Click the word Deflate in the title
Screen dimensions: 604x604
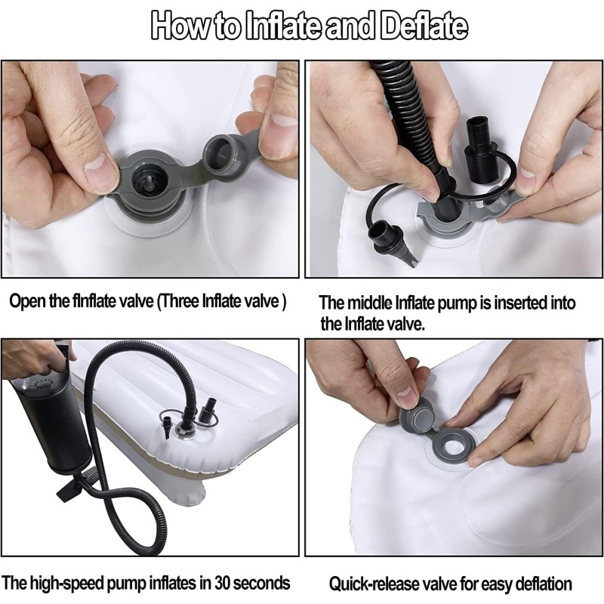(x=424, y=26)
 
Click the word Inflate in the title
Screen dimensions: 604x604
(x=282, y=26)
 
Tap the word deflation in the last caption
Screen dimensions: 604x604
(x=543, y=584)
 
